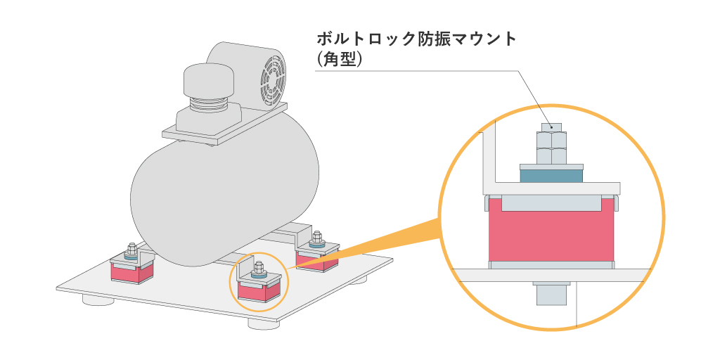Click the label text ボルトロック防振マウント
point(417,39)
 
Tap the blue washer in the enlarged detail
point(551,174)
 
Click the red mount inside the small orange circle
point(258,290)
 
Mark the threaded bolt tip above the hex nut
point(551,127)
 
